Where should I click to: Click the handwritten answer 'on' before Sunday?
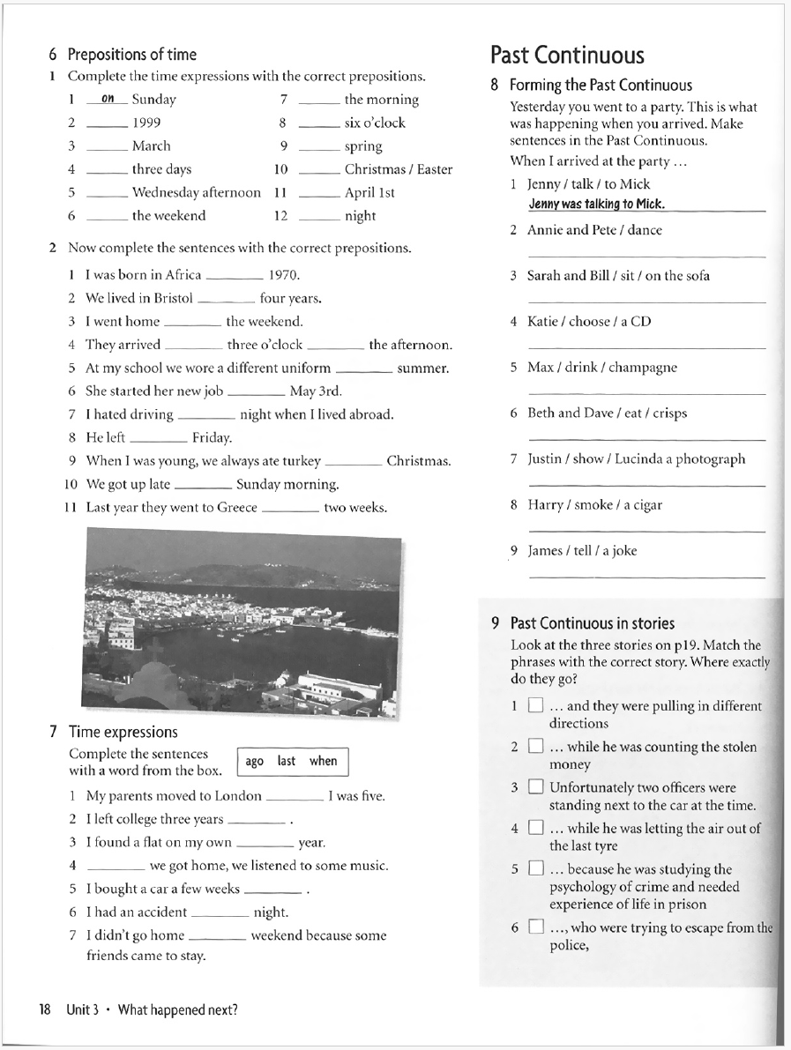pos(108,99)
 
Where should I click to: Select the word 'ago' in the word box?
pos(255,761)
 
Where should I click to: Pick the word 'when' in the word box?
pos(323,761)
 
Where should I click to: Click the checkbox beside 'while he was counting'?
pos(535,747)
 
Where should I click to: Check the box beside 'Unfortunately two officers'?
pos(535,787)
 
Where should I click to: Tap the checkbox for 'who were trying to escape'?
pos(535,927)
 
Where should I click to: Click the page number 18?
pos(45,1010)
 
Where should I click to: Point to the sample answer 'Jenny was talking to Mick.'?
pos(596,205)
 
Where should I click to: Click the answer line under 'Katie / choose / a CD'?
pos(646,347)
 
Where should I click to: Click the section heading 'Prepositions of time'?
pos(131,55)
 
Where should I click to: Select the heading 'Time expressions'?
pos(123,733)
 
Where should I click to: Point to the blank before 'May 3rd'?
pos(256,391)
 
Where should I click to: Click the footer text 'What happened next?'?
pos(177,1010)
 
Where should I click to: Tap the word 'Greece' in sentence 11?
pos(235,508)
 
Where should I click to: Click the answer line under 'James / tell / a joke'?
pos(646,577)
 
